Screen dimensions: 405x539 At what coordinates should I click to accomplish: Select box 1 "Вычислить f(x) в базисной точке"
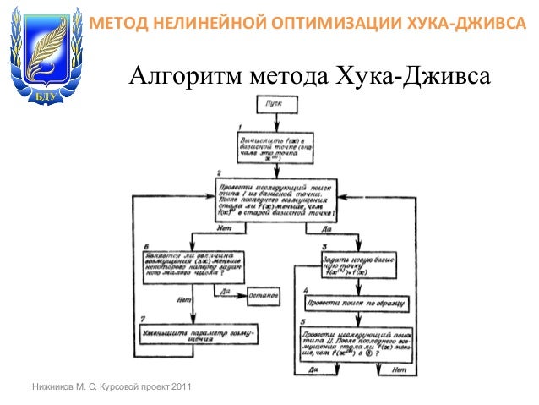276,145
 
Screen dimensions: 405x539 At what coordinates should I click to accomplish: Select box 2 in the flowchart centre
276,200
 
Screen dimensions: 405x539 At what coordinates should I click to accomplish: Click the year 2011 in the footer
180,387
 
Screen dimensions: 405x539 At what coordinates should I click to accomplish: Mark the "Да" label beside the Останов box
225,293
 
